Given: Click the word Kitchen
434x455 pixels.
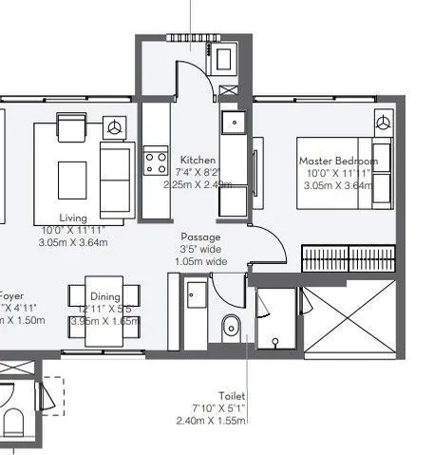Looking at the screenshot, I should pos(198,161).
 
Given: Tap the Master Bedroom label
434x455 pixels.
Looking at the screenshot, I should pos(337,161).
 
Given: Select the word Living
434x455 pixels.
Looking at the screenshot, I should pos(73,218).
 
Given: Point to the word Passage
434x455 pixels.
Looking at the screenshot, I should pos(200,237).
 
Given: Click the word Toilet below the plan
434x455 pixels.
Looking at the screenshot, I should pos(231,395).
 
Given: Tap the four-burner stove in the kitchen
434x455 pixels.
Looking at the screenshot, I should pos(154,162).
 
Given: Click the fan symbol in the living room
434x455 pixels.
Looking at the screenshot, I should pos(116,125).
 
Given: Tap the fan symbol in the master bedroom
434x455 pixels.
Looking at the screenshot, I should pos(383,122).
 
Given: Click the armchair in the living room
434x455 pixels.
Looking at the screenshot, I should pos(71,127).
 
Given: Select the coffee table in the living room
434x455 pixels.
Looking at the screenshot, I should pos(72,177).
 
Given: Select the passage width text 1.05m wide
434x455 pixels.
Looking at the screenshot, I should pos(200,261).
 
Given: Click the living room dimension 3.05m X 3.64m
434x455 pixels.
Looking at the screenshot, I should pos(73,242).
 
